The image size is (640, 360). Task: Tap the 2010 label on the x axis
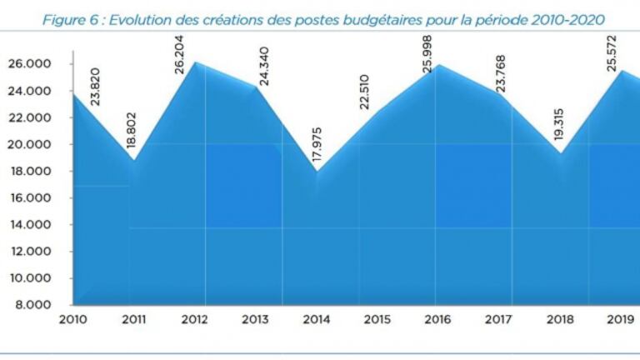tap(74, 318)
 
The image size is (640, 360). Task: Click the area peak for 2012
tap(195, 62)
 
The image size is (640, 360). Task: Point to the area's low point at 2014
tap(316, 171)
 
